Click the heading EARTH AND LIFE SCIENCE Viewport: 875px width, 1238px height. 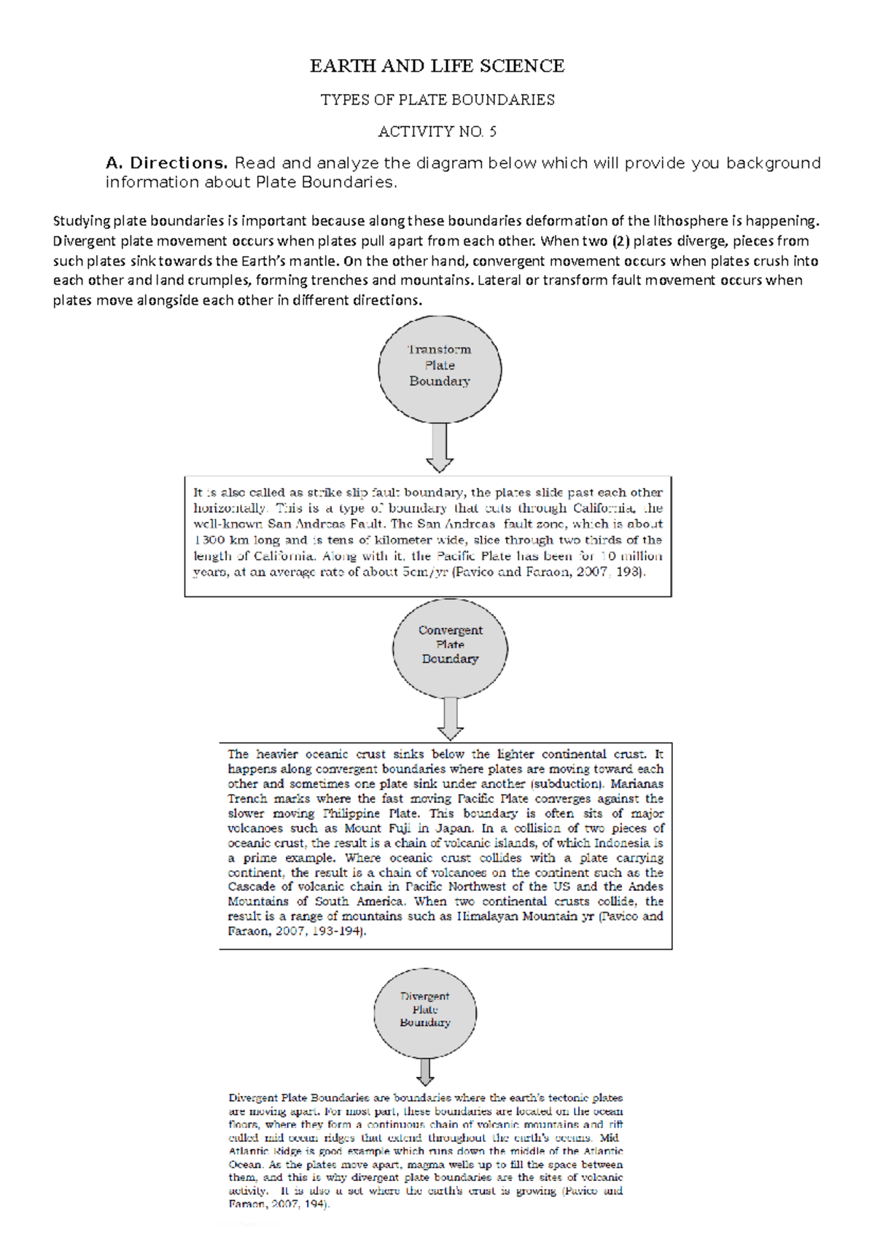pyautogui.click(x=437, y=66)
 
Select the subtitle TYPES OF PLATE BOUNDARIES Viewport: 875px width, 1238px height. pyautogui.click(x=437, y=100)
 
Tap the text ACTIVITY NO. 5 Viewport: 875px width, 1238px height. pyautogui.click(x=437, y=132)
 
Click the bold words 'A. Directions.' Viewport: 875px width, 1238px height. pyautogui.click(x=167, y=163)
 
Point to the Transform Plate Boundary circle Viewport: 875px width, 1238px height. pyautogui.click(x=440, y=369)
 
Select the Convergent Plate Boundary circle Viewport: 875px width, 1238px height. pyautogui.click(x=450, y=647)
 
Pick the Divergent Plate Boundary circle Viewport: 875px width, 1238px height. pyautogui.click(x=425, y=1013)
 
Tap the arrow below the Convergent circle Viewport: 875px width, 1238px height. pyautogui.click(x=451, y=718)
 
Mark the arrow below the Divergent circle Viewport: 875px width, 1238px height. pyautogui.click(x=426, y=1072)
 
